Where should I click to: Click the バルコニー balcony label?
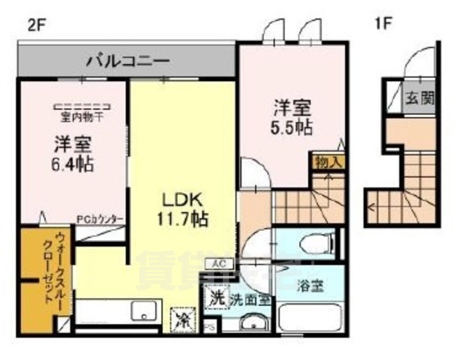[x=127, y=60]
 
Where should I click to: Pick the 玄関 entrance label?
[x=417, y=98]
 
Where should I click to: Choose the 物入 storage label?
[x=328, y=161]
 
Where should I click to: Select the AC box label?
[x=220, y=264]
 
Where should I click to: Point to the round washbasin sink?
[x=252, y=325]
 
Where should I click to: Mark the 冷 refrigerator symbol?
[x=182, y=319]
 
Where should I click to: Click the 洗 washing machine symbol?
[x=216, y=297]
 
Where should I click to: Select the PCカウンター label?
[x=100, y=219]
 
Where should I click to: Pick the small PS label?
[x=210, y=328]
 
